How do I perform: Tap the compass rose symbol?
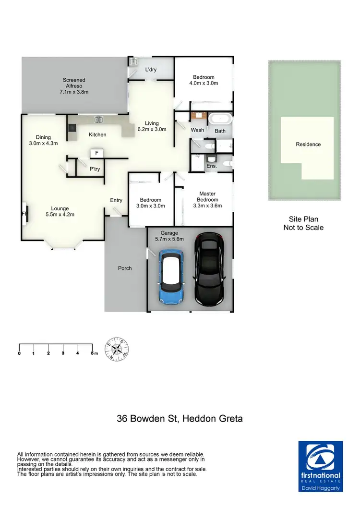click(x=117, y=349)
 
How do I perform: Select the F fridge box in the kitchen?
click(x=96, y=154)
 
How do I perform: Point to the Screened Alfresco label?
click(x=74, y=85)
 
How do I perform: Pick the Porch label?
click(x=125, y=268)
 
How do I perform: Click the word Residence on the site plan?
click(x=308, y=144)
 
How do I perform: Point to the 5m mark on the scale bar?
click(x=94, y=353)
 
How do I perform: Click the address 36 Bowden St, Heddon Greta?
click(x=180, y=418)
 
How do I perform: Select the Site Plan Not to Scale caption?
click(x=303, y=223)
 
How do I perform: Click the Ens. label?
click(x=212, y=166)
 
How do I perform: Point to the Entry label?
click(x=116, y=200)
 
